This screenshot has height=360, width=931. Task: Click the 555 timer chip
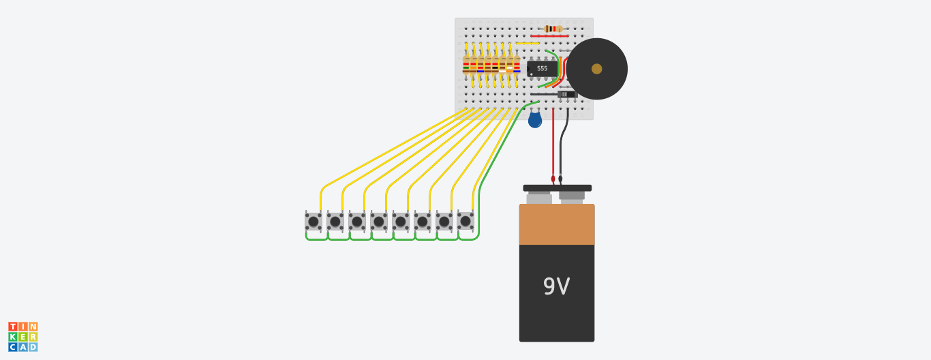coord(542,68)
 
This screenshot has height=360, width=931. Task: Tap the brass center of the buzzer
coord(596,69)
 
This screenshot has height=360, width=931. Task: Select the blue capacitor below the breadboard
coord(535,120)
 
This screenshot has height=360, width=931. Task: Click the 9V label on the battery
coord(556,287)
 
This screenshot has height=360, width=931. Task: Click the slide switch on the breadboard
coord(566,94)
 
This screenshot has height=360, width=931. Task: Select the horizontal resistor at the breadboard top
coord(553,29)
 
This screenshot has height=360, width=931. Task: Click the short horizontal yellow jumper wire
coord(527,43)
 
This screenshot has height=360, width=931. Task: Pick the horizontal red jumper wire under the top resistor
coord(549,35)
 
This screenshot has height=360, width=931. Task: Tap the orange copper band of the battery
coord(556,224)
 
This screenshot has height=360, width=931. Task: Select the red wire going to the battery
coord(553,147)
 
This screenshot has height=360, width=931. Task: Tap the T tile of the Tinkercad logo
coord(12,327)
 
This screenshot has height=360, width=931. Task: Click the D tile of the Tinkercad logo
coord(33,347)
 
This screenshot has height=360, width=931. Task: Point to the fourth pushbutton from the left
coord(378,222)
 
